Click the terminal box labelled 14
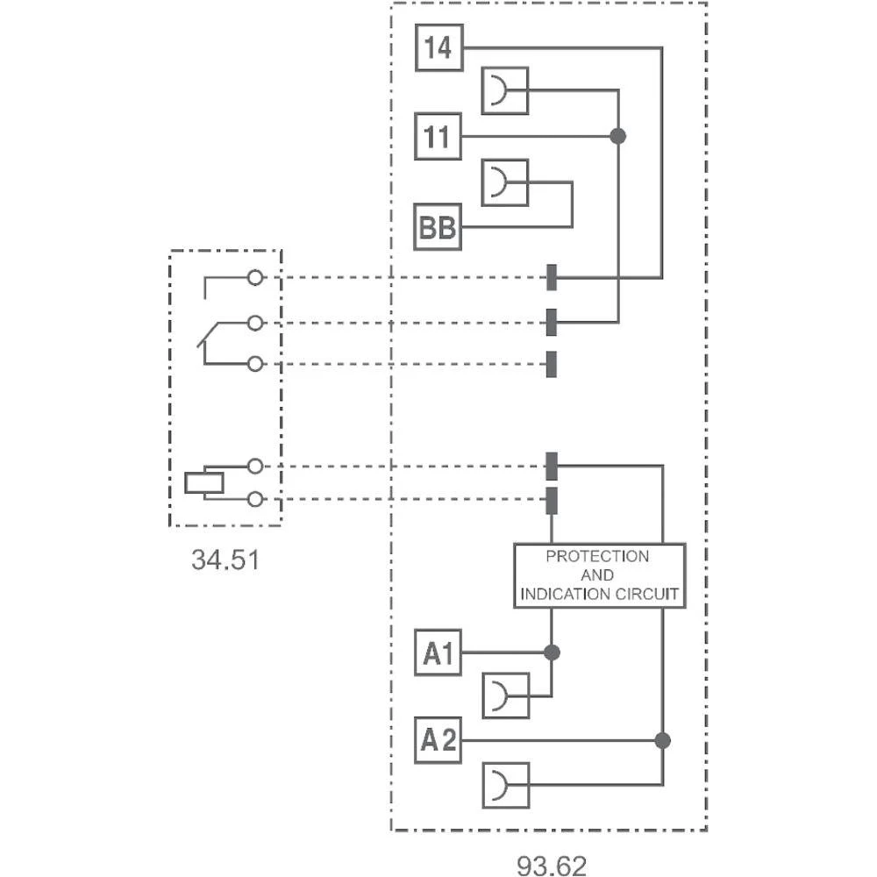click(x=438, y=48)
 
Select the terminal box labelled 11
click(x=438, y=137)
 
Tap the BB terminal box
click(x=438, y=228)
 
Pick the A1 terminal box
click(x=438, y=652)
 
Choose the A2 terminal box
click(x=438, y=741)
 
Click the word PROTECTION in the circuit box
click(x=597, y=556)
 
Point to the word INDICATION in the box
click(x=567, y=594)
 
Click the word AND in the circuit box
click(x=597, y=575)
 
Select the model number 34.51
click(x=225, y=560)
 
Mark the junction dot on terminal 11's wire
click(x=618, y=136)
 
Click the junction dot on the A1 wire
click(x=552, y=652)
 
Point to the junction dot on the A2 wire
click(x=662, y=741)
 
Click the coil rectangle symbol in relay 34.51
click(x=204, y=482)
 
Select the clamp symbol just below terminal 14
click(x=505, y=91)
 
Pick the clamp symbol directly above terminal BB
click(x=505, y=182)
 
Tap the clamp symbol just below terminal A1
click(x=506, y=696)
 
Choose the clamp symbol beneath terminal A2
click(x=506, y=785)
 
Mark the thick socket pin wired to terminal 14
click(x=552, y=277)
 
